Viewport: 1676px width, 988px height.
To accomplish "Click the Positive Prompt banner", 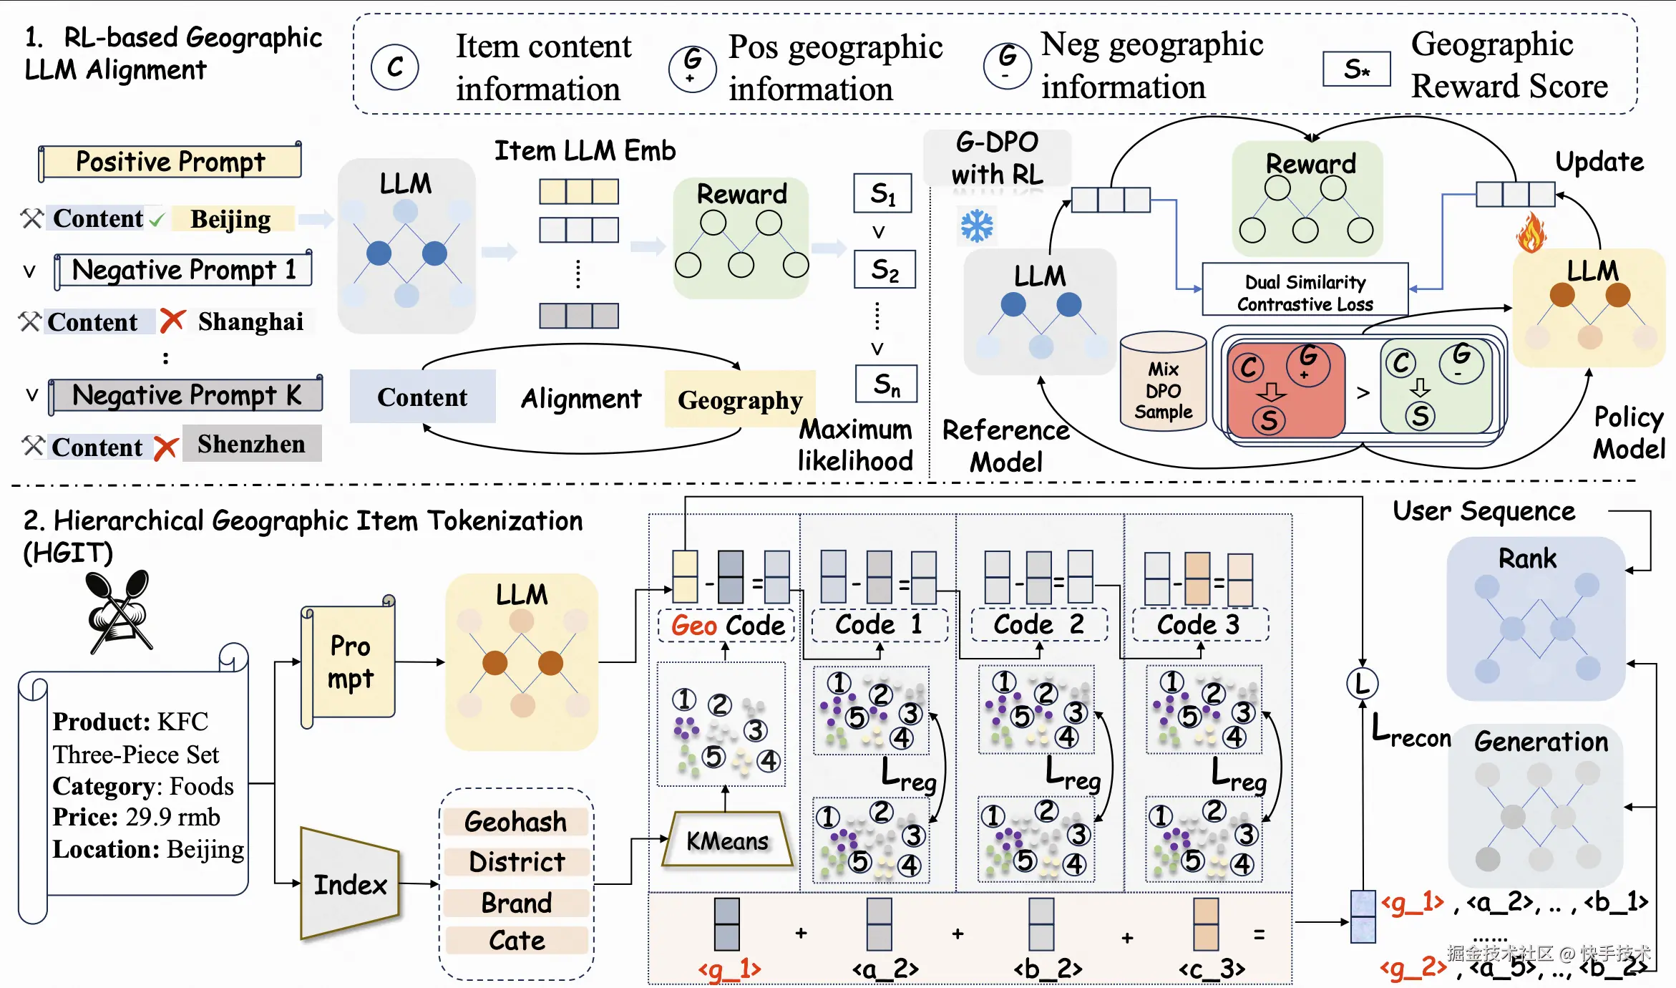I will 170,162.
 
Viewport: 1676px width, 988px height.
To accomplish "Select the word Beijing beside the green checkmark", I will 231,219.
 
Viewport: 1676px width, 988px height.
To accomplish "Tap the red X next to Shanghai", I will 172,321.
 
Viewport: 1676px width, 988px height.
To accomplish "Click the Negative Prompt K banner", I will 186,395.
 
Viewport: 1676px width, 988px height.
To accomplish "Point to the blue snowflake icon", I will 977,226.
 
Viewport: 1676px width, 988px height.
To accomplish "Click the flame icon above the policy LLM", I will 1531,233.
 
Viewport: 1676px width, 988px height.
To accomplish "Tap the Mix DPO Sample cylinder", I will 1163,381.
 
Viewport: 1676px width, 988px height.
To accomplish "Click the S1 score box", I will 882,193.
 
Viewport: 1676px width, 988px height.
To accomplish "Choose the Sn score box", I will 886,384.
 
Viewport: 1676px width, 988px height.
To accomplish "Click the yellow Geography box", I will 740,399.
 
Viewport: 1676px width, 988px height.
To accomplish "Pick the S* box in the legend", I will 1356,69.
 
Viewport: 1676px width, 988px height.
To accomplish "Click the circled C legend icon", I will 395,67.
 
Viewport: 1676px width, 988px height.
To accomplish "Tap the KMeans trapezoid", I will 727,840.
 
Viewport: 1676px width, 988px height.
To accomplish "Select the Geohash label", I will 515,821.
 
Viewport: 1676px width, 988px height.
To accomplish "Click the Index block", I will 350,884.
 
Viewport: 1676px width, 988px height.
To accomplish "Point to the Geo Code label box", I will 726,625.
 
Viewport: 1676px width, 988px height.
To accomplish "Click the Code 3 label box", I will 1199,624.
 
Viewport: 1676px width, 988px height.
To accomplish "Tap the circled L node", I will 1362,683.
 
